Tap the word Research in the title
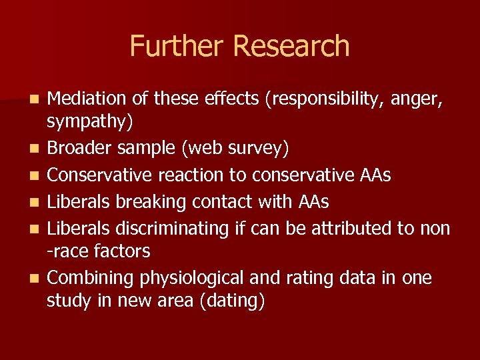pos(291,46)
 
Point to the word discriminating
pos(173,228)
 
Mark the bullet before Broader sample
pos(35,149)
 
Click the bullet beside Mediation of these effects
pos(35,100)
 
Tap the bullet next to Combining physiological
pos(35,278)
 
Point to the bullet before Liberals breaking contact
pos(35,202)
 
